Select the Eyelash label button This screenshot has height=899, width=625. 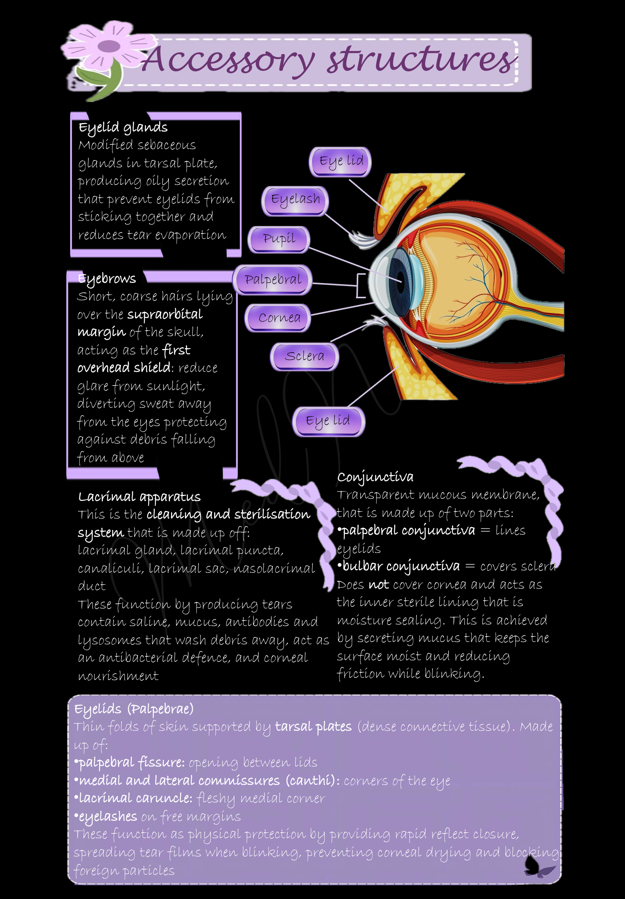[x=295, y=200]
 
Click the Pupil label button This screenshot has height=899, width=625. [x=279, y=239]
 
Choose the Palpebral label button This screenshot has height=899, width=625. [x=273, y=280]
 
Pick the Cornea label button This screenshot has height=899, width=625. [x=279, y=317]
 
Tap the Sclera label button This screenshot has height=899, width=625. [x=304, y=356]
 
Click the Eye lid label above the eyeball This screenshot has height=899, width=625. [x=341, y=161]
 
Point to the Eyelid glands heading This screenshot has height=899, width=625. [x=123, y=128]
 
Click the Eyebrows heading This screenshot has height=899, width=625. [x=107, y=279]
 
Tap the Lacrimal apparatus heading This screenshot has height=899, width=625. [x=139, y=497]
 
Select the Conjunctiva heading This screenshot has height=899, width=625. [x=375, y=477]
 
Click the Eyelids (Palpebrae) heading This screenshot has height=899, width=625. [x=133, y=709]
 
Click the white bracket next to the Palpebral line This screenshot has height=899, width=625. [x=360, y=286]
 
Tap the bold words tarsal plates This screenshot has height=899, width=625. [x=313, y=727]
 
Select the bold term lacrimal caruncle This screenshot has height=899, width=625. [x=136, y=798]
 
